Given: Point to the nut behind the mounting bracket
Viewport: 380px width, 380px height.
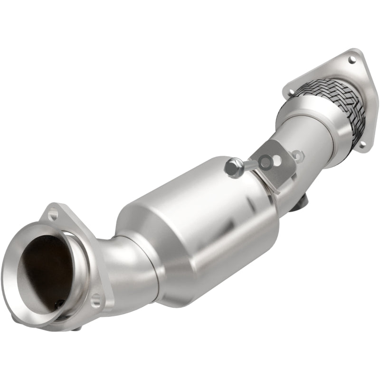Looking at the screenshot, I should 298,154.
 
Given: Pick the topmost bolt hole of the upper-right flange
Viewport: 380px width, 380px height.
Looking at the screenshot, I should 351,60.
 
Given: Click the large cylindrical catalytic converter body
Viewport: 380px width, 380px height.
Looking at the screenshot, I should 199,223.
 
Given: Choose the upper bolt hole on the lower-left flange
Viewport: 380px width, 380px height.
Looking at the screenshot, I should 53,215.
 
